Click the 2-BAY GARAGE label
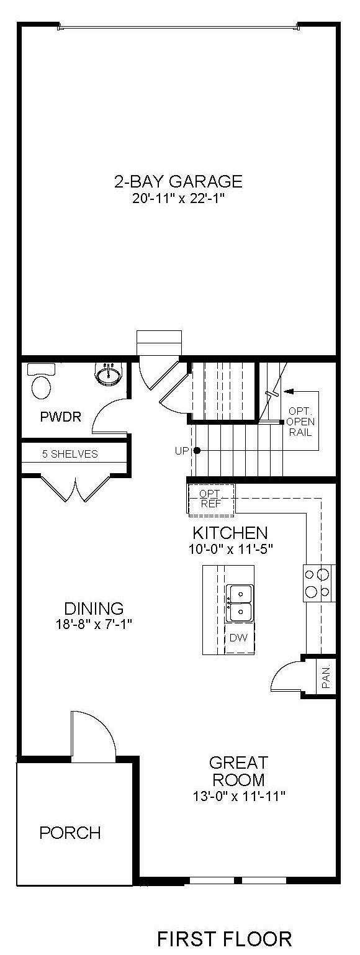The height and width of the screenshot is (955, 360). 178,181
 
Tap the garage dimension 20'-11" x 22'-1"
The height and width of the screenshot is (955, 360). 178,199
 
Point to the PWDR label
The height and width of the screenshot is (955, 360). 60,417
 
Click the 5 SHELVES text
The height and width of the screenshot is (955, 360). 70,454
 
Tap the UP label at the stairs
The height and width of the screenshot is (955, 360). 181,451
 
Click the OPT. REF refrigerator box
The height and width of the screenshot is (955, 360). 211,499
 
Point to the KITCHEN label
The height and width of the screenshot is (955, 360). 230,533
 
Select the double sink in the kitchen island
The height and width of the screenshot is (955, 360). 239,603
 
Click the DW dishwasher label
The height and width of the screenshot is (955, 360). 238,638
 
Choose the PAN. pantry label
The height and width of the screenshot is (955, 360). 326,679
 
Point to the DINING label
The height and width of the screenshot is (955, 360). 94,608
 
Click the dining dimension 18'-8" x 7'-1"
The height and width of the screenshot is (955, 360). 94,625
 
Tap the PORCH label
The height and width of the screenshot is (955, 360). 70,833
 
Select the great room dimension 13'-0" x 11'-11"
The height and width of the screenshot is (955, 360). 238,796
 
